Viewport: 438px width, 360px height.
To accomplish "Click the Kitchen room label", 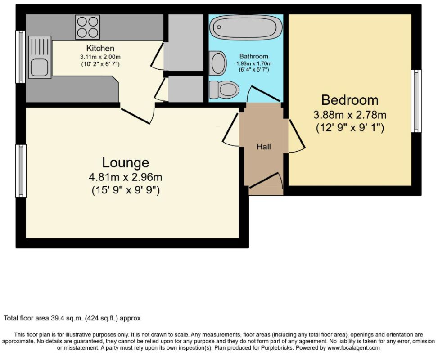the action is point(100,48).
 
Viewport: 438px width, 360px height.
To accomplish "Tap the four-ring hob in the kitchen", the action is point(87,27).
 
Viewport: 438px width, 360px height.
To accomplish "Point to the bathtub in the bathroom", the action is point(245,27).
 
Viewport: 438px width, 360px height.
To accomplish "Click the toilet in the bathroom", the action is point(224,90).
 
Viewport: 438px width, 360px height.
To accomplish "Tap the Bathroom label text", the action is point(253,56).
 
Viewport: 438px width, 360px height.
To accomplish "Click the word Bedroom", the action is point(350,100).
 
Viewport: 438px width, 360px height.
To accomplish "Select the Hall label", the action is point(264,147).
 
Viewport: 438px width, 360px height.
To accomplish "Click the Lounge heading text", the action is point(126,162).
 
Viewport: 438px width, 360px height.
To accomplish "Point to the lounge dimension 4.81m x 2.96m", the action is point(126,177).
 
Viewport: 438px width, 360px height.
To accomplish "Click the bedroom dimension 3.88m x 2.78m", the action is point(350,115).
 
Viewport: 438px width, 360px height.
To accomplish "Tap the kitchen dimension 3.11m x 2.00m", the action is point(100,57).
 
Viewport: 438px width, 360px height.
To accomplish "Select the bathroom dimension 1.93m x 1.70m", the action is point(253,63).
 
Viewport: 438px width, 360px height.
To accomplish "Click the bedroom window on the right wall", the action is point(416,101).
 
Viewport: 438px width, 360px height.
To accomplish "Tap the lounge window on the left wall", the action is point(21,171).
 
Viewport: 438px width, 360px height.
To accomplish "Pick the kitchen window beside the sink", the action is point(20,57).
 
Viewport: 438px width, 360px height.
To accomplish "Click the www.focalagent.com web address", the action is point(353,348).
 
